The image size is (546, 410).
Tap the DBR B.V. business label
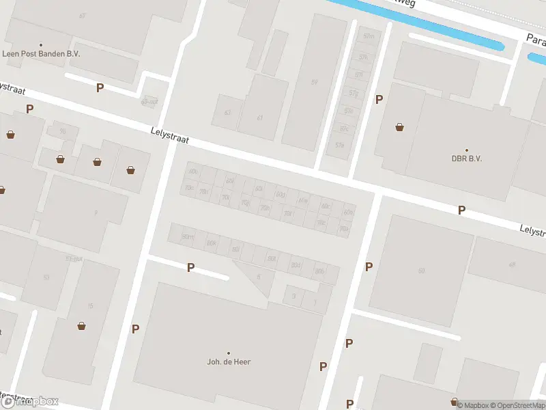[467, 158]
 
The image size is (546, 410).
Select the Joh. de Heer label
[229, 361]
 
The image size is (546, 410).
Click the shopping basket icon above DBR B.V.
[399, 127]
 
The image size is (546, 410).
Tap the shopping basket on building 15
[82, 326]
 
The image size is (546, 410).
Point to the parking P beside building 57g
[379, 100]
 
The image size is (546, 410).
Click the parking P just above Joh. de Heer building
[191, 268]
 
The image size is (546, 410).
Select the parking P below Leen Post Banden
[100, 87]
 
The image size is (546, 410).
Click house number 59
[314, 83]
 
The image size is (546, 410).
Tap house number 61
[260, 118]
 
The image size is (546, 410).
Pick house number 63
[227, 113]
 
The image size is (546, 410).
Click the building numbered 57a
[339, 145]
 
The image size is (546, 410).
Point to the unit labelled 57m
[369, 36]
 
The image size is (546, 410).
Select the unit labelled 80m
[186, 236]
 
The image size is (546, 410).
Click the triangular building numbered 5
[258, 277]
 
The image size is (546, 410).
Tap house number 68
[421, 271]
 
